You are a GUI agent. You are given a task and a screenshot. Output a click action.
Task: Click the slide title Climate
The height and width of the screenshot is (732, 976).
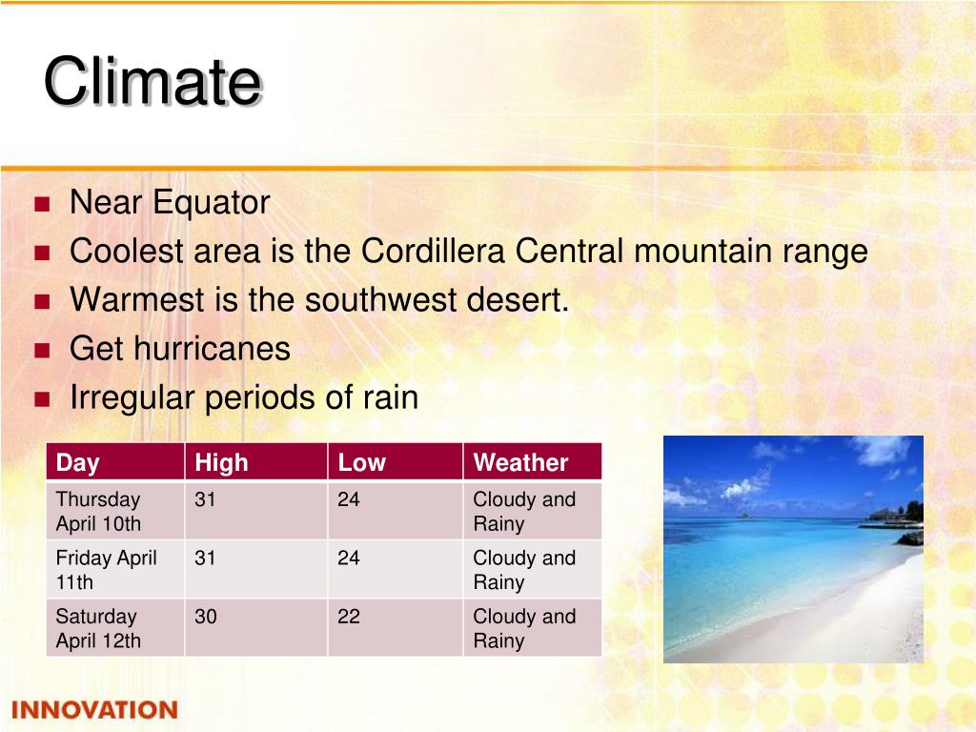point(153,81)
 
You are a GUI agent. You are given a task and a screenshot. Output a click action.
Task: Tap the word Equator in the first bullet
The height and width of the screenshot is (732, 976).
point(211,203)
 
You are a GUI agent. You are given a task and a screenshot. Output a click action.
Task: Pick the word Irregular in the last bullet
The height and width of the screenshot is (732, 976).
point(132,398)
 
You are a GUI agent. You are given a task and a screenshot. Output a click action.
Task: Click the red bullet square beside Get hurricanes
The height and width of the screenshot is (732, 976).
point(42,351)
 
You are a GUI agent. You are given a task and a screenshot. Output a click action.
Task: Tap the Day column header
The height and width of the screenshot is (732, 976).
point(78,462)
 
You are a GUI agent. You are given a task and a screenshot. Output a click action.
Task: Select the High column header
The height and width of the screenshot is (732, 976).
point(221,462)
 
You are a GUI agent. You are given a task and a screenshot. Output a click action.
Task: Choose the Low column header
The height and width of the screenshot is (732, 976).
point(361,462)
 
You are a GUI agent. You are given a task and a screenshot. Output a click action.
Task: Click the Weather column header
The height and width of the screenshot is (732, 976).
point(520,462)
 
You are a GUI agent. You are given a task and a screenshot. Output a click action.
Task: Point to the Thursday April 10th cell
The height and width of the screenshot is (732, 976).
point(98,511)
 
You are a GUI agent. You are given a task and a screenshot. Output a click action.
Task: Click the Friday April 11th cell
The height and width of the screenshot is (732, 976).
point(106,570)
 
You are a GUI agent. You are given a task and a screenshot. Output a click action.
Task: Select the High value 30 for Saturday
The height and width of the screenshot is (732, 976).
point(206,617)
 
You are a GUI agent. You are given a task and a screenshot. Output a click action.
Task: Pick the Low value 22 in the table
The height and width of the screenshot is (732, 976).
point(349,617)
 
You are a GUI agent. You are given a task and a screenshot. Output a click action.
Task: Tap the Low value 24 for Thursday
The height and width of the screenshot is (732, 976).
point(349,499)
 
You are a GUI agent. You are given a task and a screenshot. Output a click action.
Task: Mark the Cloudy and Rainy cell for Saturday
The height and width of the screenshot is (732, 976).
point(524,628)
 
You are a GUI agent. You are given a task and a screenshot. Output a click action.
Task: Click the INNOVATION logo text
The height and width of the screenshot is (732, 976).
point(94,709)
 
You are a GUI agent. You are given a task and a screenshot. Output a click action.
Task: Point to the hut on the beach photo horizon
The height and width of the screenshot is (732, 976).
point(883,515)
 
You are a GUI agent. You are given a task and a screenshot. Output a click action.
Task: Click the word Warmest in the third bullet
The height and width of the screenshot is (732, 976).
point(137,299)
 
